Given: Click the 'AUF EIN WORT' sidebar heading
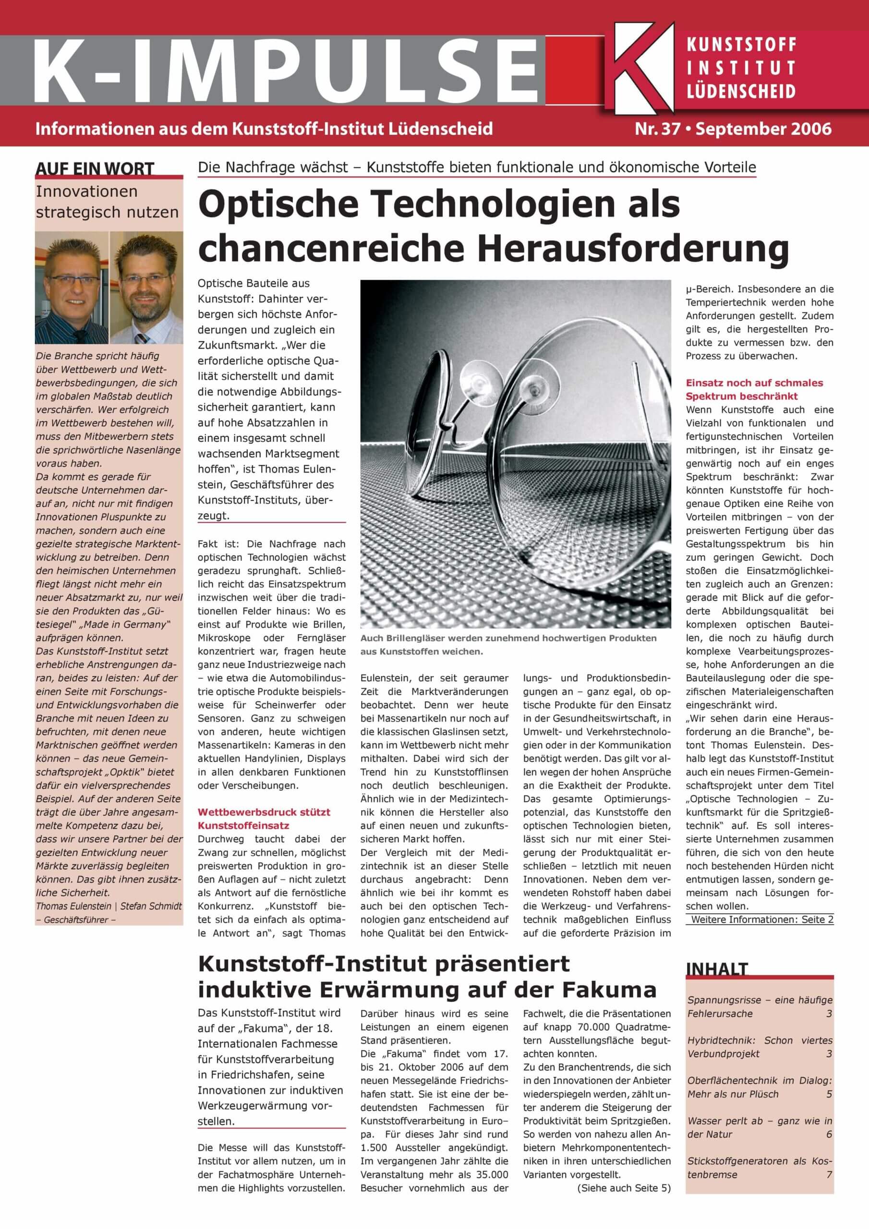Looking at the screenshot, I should coord(95,169).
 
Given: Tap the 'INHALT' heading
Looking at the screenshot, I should coord(716,969).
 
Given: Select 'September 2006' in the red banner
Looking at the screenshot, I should coord(763,129).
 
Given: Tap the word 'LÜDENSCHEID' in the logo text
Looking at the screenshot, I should coord(741,91).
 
